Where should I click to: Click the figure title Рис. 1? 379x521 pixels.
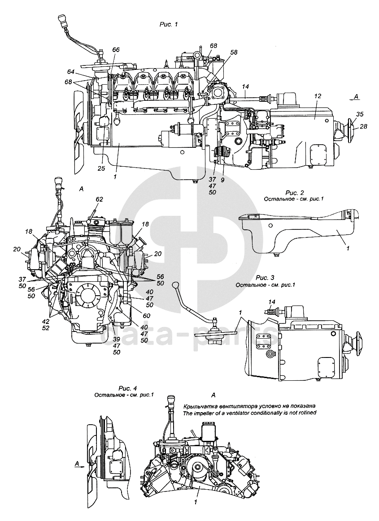pyautogui.click(x=169, y=24)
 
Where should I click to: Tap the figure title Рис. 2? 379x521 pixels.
pyautogui.click(x=295, y=193)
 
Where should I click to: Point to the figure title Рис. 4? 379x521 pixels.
pyautogui.click(x=127, y=388)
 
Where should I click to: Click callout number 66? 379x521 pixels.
pyautogui.click(x=116, y=50)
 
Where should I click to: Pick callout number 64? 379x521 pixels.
pyautogui.click(x=70, y=72)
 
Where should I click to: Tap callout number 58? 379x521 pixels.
pyautogui.click(x=234, y=52)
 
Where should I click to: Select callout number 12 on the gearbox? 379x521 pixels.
pyautogui.click(x=318, y=96)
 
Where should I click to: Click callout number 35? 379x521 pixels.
pyautogui.click(x=360, y=114)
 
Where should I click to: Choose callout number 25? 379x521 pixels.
pyautogui.click(x=101, y=168)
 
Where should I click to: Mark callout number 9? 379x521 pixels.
pyautogui.click(x=222, y=180)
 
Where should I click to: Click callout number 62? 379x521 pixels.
pyautogui.click(x=99, y=199)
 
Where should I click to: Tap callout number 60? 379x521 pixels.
pyautogui.click(x=146, y=316)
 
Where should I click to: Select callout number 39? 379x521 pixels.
pyautogui.click(x=116, y=340)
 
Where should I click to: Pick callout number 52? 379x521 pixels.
pyautogui.click(x=46, y=328)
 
